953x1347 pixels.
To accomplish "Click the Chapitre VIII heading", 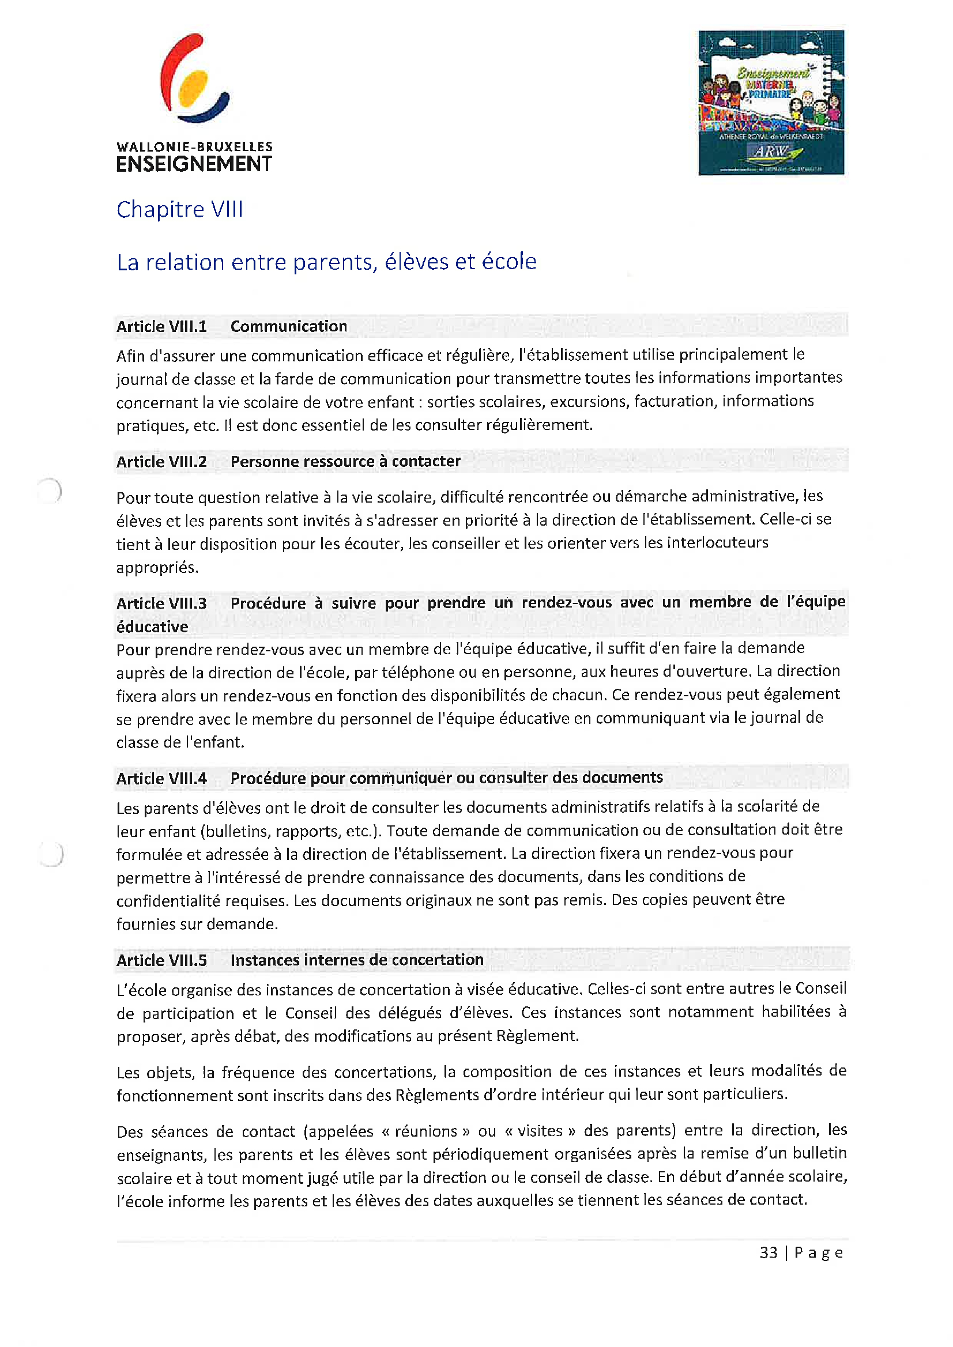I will [x=179, y=209].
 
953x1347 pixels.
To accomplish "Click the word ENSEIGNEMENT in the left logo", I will [x=194, y=164].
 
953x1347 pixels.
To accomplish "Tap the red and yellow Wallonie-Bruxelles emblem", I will [x=194, y=78].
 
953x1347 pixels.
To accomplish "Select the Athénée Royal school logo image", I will [x=770, y=103].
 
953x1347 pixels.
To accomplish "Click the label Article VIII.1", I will [x=161, y=326].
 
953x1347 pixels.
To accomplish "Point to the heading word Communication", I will [x=288, y=326].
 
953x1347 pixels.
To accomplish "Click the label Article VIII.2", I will [x=161, y=462].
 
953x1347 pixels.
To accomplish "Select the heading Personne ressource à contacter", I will [x=345, y=461].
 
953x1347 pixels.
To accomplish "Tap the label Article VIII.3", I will [x=161, y=603].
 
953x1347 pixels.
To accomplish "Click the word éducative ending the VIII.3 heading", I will [x=152, y=627].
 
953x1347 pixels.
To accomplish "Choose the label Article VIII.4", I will [x=161, y=779].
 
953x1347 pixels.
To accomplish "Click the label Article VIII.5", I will [x=161, y=960].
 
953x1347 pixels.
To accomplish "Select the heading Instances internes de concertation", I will [x=357, y=960].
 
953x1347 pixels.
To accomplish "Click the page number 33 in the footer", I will [x=768, y=1252].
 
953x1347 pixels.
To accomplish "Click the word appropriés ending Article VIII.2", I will [x=157, y=567].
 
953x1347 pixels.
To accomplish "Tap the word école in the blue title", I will [x=508, y=262].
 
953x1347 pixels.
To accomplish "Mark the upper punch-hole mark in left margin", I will [x=50, y=490].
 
